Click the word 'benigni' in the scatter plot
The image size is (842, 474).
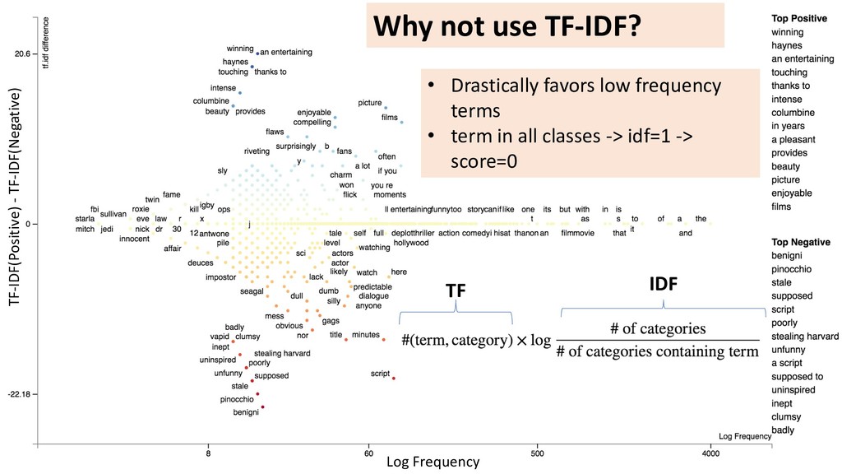click(x=246, y=411)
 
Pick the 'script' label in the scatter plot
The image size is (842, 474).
click(x=380, y=374)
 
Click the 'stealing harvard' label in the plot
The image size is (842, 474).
click(x=282, y=353)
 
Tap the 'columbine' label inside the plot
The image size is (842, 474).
click(x=210, y=101)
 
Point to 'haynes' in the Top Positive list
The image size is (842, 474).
click(x=787, y=45)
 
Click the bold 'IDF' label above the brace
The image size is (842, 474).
click(x=663, y=286)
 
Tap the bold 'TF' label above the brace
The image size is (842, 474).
click(x=456, y=290)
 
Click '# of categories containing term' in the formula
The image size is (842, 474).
click(x=657, y=352)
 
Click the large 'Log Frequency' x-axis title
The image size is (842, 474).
click(x=433, y=462)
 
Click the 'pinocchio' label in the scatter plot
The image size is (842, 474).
click(x=238, y=399)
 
